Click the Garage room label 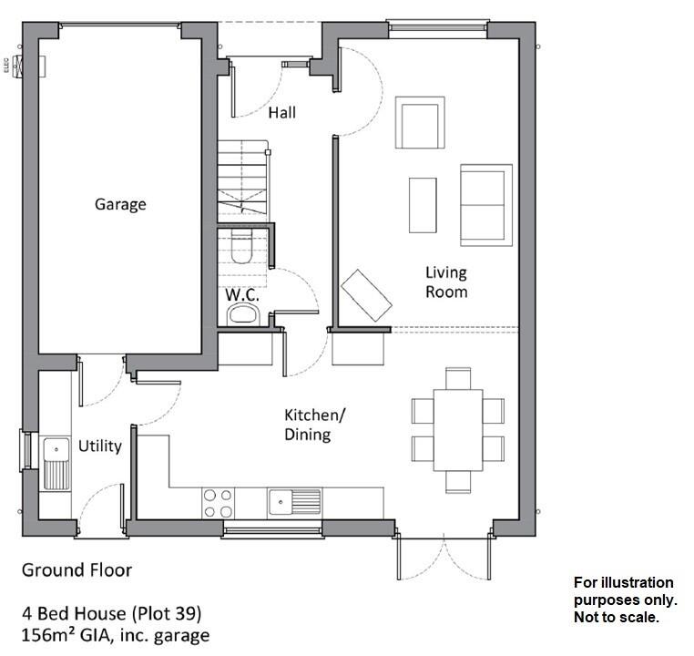pyautogui.click(x=120, y=204)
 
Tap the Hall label pyautogui.click(x=281, y=113)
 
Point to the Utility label pyautogui.click(x=100, y=446)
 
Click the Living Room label pyautogui.click(x=446, y=282)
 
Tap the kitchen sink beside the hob pyautogui.click(x=294, y=501)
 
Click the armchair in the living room pyautogui.click(x=420, y=122)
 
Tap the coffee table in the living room pyautogui.click(x=423, y=204)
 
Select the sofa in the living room pyautogui.click(x=485, y=205)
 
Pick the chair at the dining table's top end pyautogui.click(x=457, y=377)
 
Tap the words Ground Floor pyautogui.click(x=77, y=570)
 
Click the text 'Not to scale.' pyautogui.click(x=615, y=617)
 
